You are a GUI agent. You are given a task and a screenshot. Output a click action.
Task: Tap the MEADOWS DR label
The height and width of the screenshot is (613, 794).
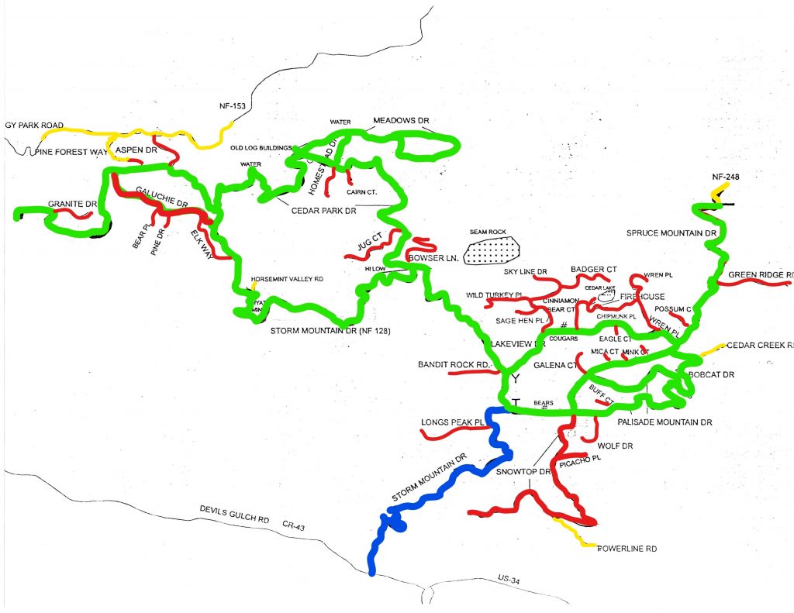[x=401, y=122]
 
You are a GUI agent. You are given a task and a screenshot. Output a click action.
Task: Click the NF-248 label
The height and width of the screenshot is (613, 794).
[x=727, y=177]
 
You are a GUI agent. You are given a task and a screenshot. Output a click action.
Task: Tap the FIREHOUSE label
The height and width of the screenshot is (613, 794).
[x=641, y=297]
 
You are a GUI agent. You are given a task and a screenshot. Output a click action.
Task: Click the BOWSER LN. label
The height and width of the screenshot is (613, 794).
[x=432, y=257]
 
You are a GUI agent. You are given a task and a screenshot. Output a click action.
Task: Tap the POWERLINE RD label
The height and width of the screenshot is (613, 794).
[x=627, y=549]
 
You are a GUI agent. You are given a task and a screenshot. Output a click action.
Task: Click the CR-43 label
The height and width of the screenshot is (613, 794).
[x=295, y=525]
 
